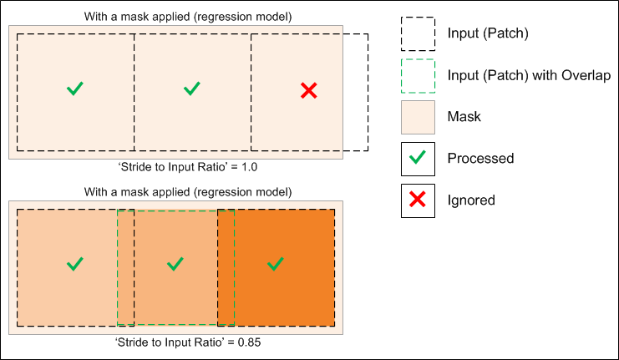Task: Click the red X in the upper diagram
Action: coord(308,91)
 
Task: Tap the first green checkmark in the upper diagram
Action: coord(75,88)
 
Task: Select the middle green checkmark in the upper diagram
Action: coord(192,88)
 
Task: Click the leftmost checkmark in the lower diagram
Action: coord(75,264)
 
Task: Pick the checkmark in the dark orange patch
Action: coord(275,264)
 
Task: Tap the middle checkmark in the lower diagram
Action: coord(175,264)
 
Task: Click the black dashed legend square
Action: coord(418,33)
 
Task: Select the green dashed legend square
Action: coord(418,75)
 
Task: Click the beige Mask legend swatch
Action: coord(418,117)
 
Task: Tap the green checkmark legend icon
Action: coord(418,159)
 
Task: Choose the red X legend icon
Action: coord(418,200)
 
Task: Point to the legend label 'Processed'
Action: coord(480,159)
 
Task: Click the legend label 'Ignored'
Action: coord(471,200)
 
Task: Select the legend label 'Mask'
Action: coord(464,117)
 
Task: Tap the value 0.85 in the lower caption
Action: coord(244,342)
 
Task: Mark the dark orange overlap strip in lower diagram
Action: coord(226,267)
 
